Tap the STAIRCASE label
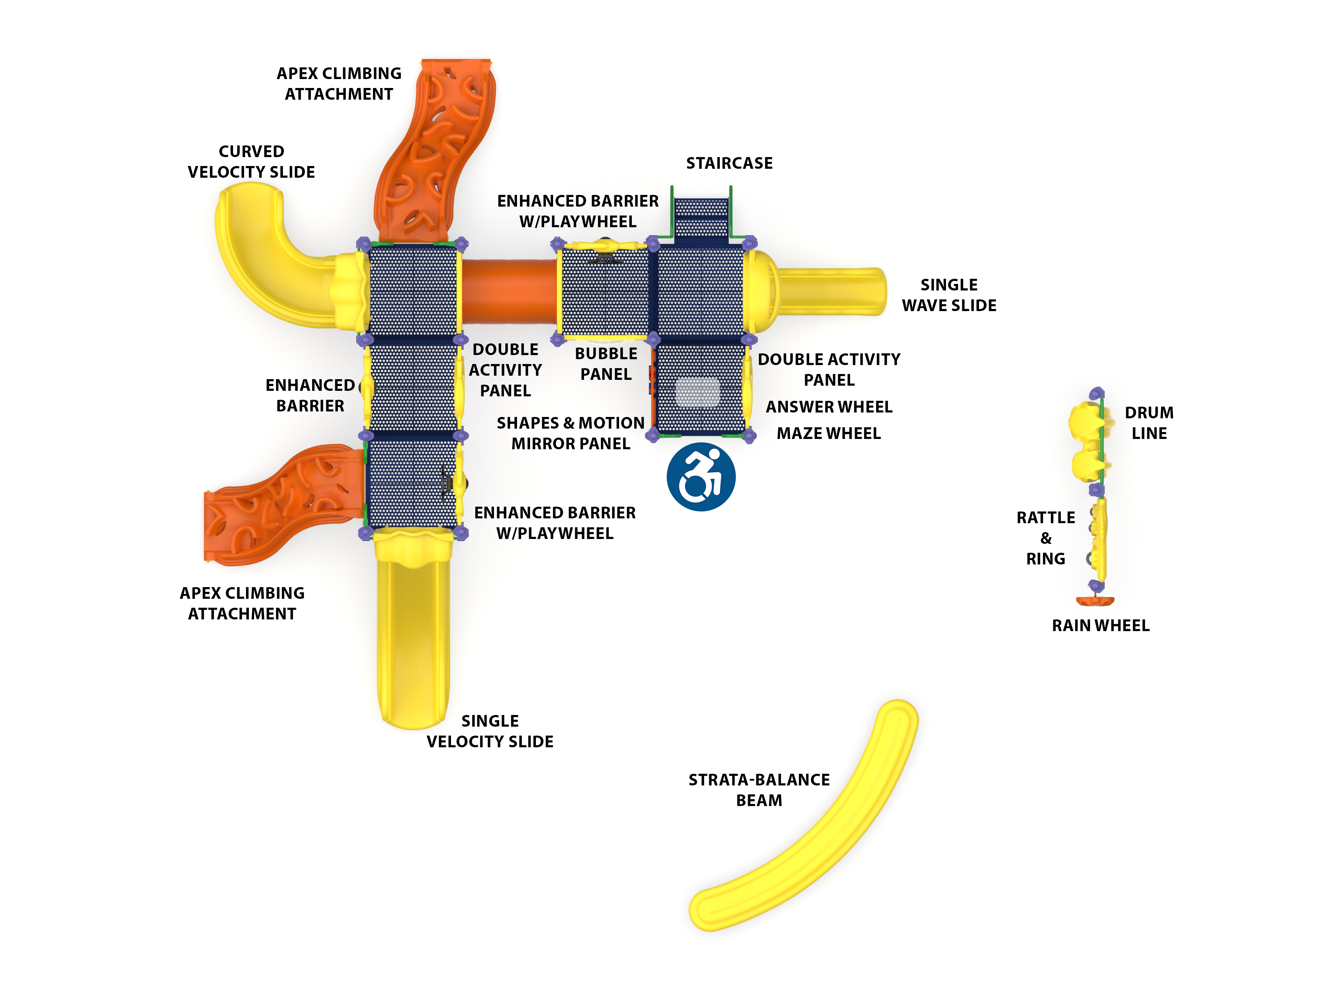tap(729, 163)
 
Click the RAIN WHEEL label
tap(1100, 625)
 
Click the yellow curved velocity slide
tap(263, 263)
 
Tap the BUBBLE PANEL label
tap(606, 363)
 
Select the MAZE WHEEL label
tap(828, 433)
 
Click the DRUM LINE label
tap(1149, 422)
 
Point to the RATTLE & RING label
tap(1045, 538)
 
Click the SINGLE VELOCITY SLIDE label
tap(489, 731)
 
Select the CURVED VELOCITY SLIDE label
tap(251, 161)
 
